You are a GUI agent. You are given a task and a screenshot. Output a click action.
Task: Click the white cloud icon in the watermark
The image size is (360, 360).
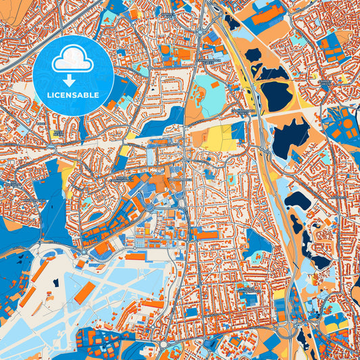73,60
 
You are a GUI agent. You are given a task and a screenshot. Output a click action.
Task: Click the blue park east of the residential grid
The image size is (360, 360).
257,244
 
